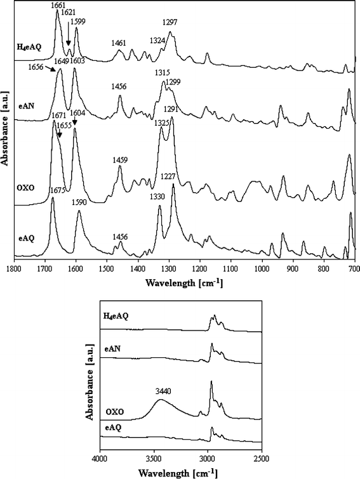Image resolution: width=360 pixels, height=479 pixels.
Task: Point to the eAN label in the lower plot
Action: (x=112, y=348)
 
